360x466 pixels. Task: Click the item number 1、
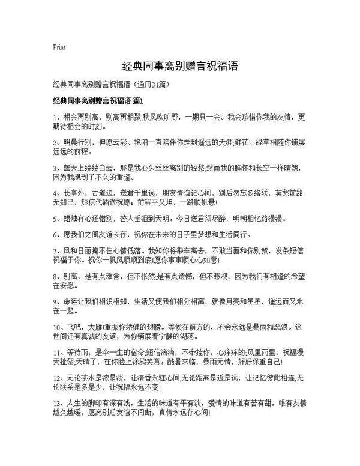[56, 115]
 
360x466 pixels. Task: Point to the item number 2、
[56, 139]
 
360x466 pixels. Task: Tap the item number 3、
[56, 164]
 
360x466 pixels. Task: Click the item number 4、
[56, 190]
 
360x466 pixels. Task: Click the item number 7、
[56, 251]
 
